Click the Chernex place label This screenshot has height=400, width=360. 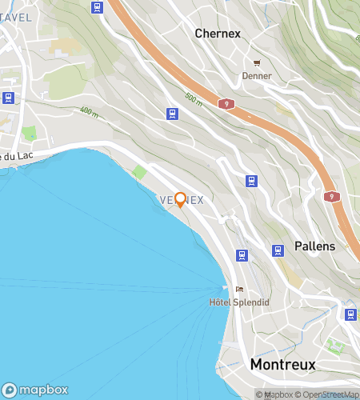tap(218, 34)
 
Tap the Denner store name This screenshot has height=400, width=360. tap(257, 76)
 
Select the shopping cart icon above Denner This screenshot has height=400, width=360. tap(257, 63)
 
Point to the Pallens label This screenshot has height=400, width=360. tap(314, 246)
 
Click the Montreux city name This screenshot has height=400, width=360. tap(282, 364)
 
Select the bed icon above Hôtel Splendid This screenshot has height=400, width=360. tap(239, 290)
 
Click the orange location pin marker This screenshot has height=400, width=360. tap(181, 199)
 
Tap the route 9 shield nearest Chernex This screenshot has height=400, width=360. tap(229, 104)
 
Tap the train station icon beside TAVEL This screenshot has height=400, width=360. tap(98, 8)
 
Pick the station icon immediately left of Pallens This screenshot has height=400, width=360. tap(278, 250)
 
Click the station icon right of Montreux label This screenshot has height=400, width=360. tap(350, 314)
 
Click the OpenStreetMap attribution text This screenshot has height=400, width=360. tap(329, 394)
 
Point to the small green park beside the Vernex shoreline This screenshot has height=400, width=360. tap(140, 172)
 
